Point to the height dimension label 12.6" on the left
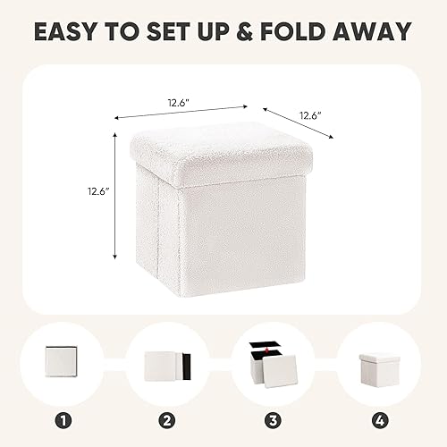pos(97,190)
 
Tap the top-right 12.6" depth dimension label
pos(308,115)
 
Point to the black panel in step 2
pos(186,367)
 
